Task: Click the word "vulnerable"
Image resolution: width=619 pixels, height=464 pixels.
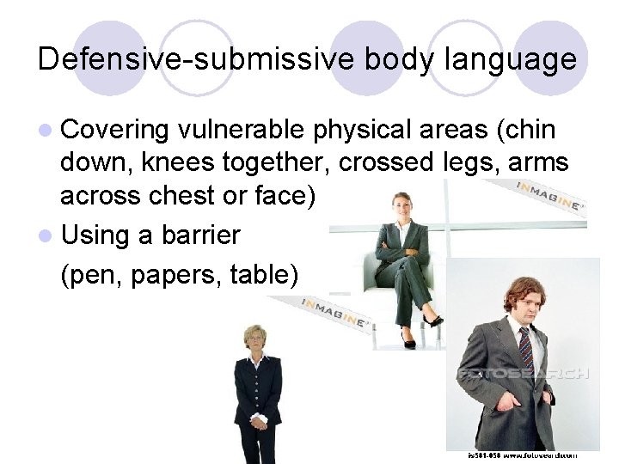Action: point(242,131)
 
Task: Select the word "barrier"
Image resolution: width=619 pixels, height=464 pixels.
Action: point(200,234)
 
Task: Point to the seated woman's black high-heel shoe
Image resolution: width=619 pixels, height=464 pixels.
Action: point(433,321)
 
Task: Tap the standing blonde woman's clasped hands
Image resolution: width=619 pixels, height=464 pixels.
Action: point(256,422)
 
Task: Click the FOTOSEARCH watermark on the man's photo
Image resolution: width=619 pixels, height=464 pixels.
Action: point(524,374)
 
